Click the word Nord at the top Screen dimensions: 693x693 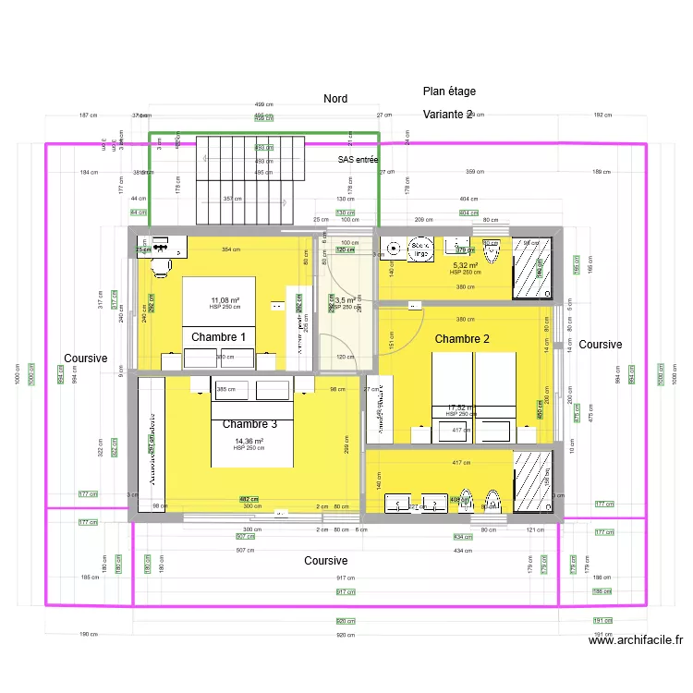point(335,99)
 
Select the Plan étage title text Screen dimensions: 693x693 point(449,91)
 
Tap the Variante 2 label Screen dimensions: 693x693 point(448,115)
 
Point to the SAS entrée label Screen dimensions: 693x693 point(358,160)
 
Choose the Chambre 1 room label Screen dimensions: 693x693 point(218,337)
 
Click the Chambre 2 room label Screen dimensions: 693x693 point(462,339)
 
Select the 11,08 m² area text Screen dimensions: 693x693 point(225,300)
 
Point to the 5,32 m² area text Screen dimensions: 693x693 point(465,265)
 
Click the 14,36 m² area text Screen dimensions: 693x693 point(249,442)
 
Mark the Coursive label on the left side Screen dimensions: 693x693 point(86,359)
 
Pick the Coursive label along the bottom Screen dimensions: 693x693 point(326,561)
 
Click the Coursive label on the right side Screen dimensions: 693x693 point(601,345)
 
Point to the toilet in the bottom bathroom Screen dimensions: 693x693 point(491,499)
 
